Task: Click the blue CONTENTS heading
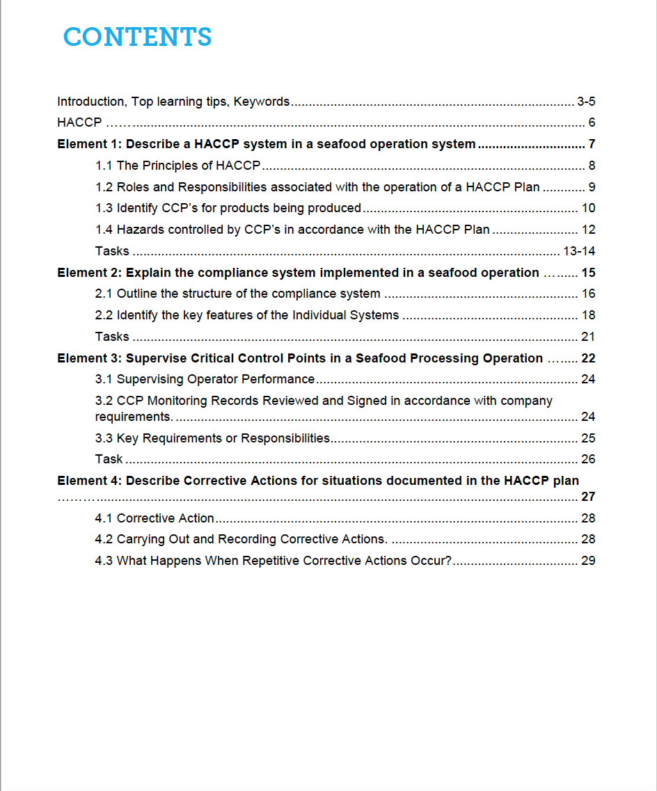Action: coord(137,37)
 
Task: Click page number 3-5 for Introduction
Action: coord(586,102)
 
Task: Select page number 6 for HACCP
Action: coord(592,123)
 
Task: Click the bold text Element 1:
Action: coord(90,145)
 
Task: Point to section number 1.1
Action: coord(104,166)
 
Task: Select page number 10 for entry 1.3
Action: coord(588,208)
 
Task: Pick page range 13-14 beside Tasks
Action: coord(579,251)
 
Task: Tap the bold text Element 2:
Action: coord(90,273)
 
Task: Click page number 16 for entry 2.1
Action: coord(588,294)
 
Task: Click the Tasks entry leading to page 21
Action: coord(112,337)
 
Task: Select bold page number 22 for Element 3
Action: coord(588,358)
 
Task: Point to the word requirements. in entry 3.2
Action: coord(134,417)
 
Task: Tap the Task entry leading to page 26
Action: coord(109,459)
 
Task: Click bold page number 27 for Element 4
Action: coord(588,497)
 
